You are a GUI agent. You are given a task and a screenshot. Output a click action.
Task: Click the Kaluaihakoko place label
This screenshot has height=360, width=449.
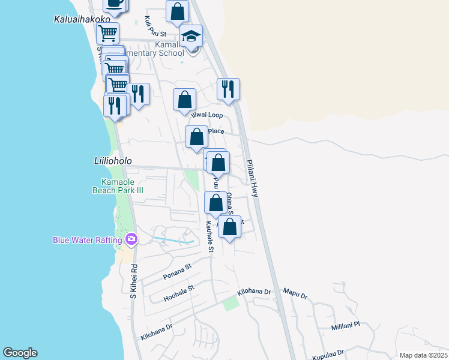[77, 19]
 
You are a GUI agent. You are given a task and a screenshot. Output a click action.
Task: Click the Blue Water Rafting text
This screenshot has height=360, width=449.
[88, 240]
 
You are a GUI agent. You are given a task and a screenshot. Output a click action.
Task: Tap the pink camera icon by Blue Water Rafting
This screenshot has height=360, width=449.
[131, 240]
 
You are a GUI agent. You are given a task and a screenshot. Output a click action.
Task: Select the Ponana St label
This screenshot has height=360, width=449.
[177, 271]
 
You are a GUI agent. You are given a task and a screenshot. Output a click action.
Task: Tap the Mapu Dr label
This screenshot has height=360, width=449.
[295, 296]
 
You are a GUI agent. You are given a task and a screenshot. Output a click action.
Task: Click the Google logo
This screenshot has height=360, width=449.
[20, 353]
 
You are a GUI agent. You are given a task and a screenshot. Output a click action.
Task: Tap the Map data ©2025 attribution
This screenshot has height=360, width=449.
[423, 355]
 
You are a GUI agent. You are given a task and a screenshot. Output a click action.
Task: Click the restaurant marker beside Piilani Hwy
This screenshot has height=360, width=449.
[228, 89]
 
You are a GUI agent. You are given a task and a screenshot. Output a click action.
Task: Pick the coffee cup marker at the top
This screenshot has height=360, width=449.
[115, 3]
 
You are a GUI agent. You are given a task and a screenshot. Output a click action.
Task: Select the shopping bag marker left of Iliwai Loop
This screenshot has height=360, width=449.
[185, 100]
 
